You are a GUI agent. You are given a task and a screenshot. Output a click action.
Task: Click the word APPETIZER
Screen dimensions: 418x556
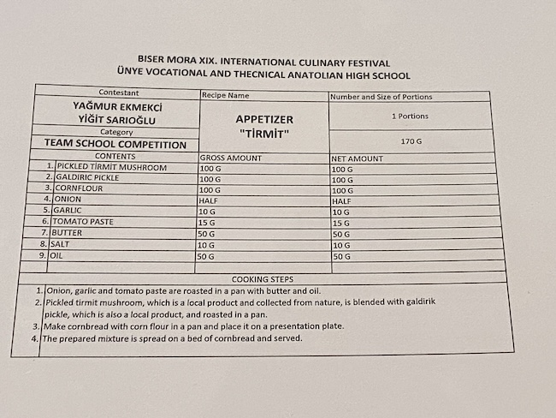click(x=263, y=120)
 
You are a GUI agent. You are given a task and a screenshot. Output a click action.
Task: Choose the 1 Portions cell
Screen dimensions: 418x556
click(x=410, y=116)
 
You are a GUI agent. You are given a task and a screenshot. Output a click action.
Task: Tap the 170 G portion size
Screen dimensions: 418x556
click(x=411, y=140)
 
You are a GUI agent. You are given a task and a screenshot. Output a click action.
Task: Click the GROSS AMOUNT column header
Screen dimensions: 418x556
click(x=231, y=158)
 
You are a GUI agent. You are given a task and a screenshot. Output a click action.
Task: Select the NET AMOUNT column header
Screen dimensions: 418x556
click(x=358, y=158)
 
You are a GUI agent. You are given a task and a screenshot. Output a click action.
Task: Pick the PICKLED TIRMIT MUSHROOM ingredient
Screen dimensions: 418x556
click(x=111, y=167)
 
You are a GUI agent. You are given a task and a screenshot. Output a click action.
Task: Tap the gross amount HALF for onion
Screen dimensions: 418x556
click(x=210, y=200)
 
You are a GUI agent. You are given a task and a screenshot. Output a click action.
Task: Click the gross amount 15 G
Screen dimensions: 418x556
click(x=208, y=222)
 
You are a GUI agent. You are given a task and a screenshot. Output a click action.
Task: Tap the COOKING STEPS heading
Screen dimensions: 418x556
click(x=263, y=279)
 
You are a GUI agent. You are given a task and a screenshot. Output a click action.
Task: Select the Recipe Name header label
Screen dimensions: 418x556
click(x=226, y=96)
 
